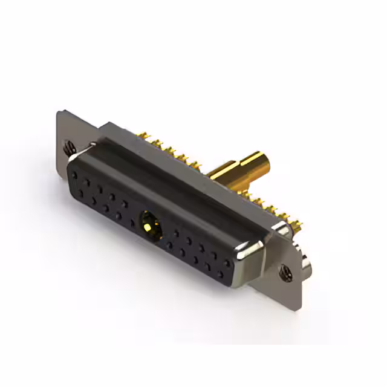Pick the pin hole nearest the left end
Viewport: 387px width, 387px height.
74,175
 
